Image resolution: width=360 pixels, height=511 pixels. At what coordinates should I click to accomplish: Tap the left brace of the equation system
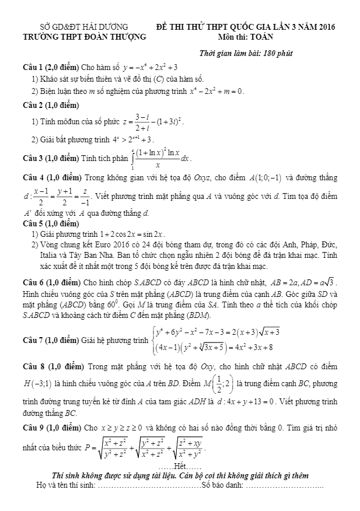pos(153,339)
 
